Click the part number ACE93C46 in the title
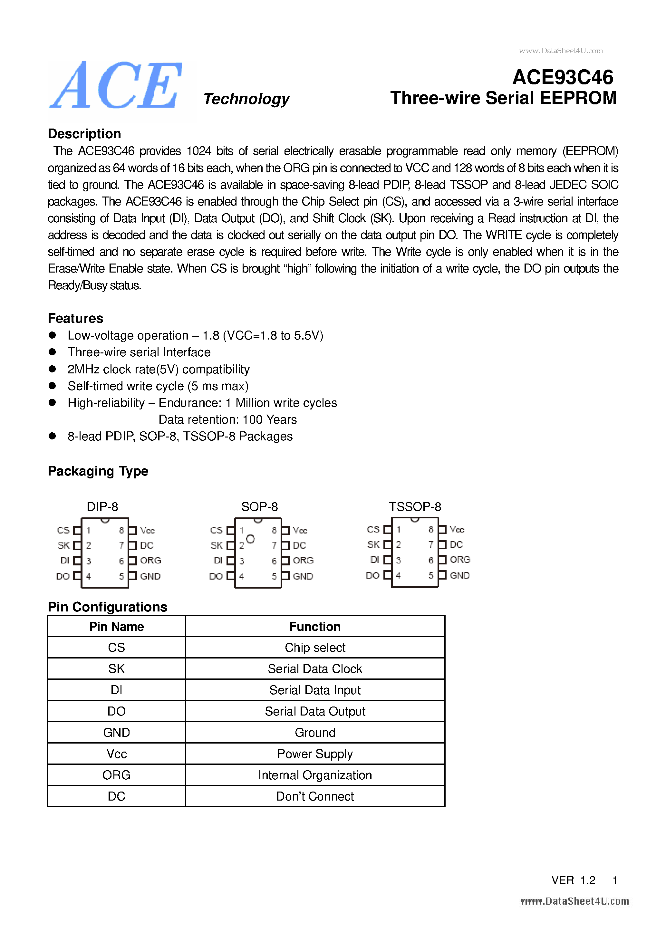click(563, 77)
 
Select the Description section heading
click(84, 134)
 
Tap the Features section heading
click(75, 318)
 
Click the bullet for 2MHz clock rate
click(52, 369)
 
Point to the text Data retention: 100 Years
click(227, 419)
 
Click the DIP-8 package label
click(102, 507)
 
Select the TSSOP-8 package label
click(415, 507)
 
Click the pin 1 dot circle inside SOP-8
click(250, 539)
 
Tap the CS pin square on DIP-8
click(77, 530)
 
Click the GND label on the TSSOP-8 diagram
click(459, 575)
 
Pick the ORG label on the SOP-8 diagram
click(303, 561)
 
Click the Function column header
click(315, 627)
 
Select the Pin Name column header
click(117, 627)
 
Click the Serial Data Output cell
click(315, 711)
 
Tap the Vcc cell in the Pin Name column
click(117, 754)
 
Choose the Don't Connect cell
click(315, 796)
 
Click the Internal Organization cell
click(315, 775)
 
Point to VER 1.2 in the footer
click(573, 880)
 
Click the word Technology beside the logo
click(246, 99)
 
